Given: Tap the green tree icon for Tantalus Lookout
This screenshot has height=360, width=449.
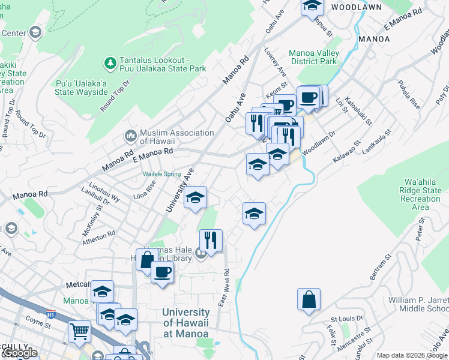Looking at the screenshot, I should (x=110, y=62).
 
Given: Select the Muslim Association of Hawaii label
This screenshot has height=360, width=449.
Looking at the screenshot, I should (x=176, y=137).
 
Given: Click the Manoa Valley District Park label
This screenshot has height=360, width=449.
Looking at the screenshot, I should (x=314, y=57).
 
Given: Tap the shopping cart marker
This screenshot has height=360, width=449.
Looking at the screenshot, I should (x=79, y=331).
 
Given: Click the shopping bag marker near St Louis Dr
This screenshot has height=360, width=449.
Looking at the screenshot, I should (x=309, y=299).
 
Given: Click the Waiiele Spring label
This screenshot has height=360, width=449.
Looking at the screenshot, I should (x=161, y=174).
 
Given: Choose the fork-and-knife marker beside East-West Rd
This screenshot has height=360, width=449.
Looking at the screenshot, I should (x=211, y=240).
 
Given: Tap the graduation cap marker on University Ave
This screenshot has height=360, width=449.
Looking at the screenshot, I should (x=195, y=197).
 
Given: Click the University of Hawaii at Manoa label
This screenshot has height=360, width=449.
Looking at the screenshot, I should (x=186, y=322).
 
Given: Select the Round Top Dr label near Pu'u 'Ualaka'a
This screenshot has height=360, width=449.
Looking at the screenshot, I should (x=115, y=95).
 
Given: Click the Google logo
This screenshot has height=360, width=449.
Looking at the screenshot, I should (x=19, y=353).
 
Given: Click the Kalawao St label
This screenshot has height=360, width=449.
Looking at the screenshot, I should (x=346, y=152).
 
